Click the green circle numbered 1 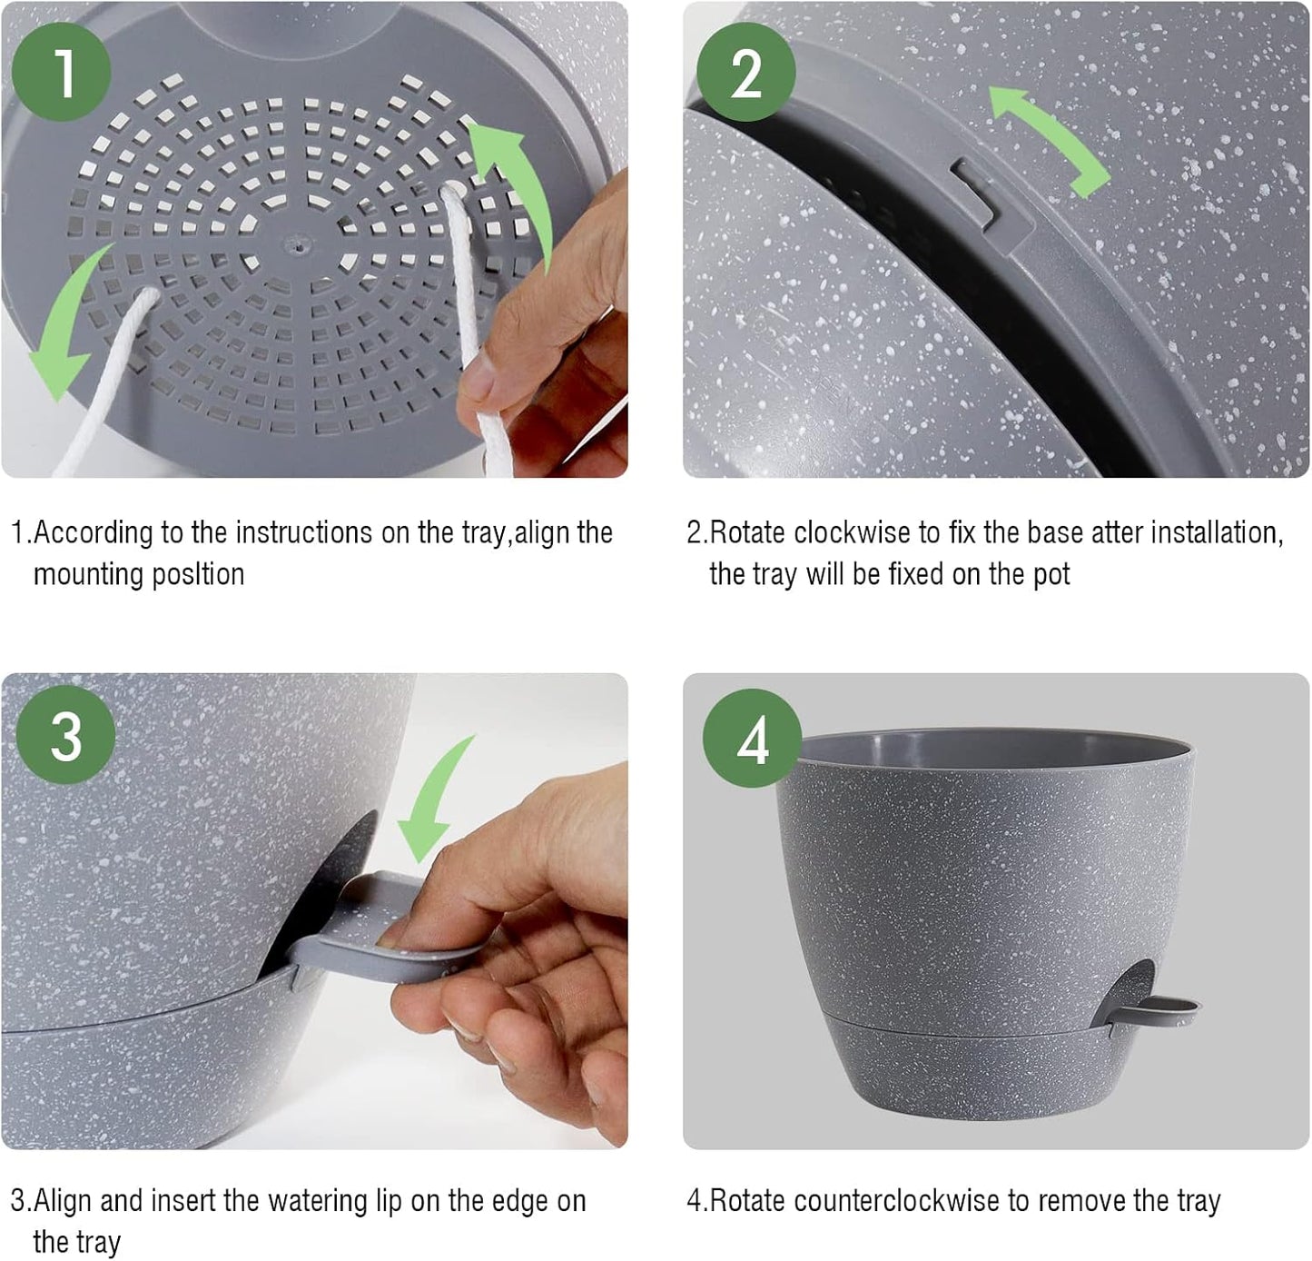(64, 72)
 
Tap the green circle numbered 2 (745, 72)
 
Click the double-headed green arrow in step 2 (1049, 141)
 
